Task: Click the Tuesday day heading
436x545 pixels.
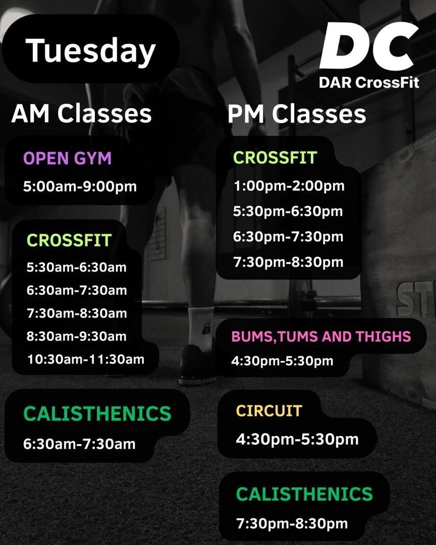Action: coord(90,51)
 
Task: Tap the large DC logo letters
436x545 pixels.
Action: coord(369,46)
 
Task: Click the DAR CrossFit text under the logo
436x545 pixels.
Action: coord(369,83)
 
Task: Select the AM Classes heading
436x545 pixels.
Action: coord(81,114)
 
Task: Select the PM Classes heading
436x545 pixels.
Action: coord(297,114)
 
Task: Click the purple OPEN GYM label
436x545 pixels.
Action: coord(68,158)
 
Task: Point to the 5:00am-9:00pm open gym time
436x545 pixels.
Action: coord(80,186)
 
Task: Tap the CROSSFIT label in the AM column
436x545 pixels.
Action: coord(69,240)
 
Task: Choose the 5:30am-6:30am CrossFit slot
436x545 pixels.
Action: coord(77,267)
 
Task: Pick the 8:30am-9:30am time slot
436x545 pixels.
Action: coord(77,336)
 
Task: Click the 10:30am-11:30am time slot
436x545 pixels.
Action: coord(86,359)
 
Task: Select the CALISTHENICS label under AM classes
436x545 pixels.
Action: coord(97,413)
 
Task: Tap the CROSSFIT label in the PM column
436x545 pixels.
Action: coord(275,157)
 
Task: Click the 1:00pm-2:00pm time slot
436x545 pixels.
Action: coord(289,186)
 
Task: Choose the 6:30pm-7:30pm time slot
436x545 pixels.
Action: coord(288,237)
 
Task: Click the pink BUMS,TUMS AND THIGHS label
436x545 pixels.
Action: coord(321,337)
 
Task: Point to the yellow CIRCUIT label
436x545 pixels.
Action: coord(269,411)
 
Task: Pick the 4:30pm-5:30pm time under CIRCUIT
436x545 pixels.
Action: coord(297,439)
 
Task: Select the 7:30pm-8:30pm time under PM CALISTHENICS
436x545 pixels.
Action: coord(292,523)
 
